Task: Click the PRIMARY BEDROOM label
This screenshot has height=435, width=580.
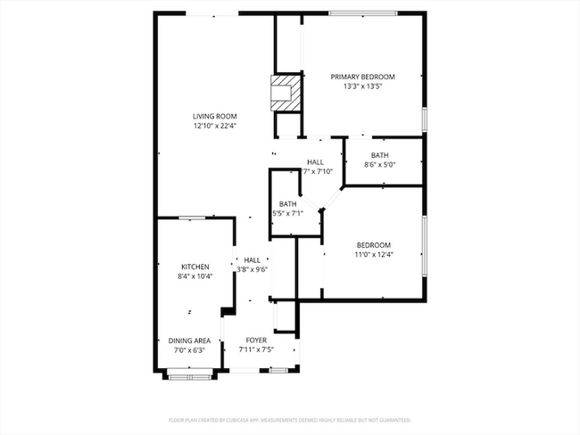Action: click(x=362, y=77)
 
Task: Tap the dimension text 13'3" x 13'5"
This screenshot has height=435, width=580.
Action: click(x=362, y=87)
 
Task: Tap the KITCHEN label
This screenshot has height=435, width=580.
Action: click(x=195, y=267)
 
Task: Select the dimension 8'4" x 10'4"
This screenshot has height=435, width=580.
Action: click(x=195, y=277)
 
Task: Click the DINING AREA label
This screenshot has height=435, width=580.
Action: click(x=189, y=340)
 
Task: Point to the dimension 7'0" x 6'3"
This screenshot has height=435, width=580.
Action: click(x=189, y=350)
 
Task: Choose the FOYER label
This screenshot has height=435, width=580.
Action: click(x=257, y=340)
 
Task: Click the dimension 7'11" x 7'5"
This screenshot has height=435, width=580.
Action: click(x=257, y=350)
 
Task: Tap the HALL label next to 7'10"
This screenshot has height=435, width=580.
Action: click(x=316, y=161)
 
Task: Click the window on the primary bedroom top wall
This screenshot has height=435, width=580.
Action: click(x=363, y=12)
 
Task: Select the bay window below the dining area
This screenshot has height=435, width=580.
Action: click(x=189, y=376)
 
